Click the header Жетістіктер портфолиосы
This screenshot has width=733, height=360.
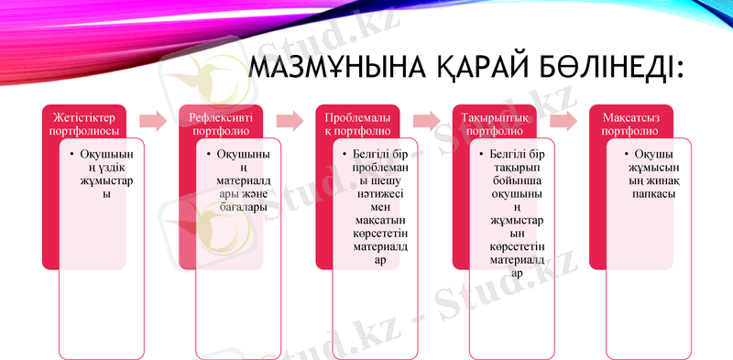click(84, 125)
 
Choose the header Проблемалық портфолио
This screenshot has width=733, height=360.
click(357, 125)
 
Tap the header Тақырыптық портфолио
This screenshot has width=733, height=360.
click(494, 125)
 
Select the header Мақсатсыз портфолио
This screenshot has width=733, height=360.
click(631, 125)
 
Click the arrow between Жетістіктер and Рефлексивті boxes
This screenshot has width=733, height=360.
click(153, 121)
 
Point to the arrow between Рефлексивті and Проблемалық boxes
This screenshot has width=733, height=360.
click(290, 121)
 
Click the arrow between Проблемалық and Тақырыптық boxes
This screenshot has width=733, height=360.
click(426, 121)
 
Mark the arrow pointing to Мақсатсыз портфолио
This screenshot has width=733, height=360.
click(563, 121)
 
